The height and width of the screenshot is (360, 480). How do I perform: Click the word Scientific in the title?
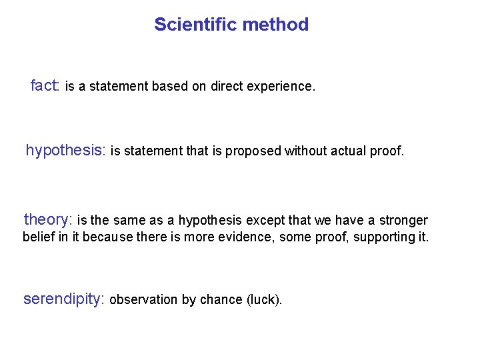195,25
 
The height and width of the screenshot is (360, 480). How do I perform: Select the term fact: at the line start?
45,86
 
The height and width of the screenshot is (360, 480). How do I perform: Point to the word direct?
227,87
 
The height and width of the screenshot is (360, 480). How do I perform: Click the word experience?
281,87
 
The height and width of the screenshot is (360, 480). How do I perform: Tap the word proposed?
253,151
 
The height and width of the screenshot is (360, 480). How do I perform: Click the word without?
303,151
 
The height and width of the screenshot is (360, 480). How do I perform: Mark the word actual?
343,151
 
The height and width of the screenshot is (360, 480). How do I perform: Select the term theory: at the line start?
47,220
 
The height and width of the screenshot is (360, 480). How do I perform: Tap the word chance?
221,300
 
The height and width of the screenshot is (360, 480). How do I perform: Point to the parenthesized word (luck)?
265,300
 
